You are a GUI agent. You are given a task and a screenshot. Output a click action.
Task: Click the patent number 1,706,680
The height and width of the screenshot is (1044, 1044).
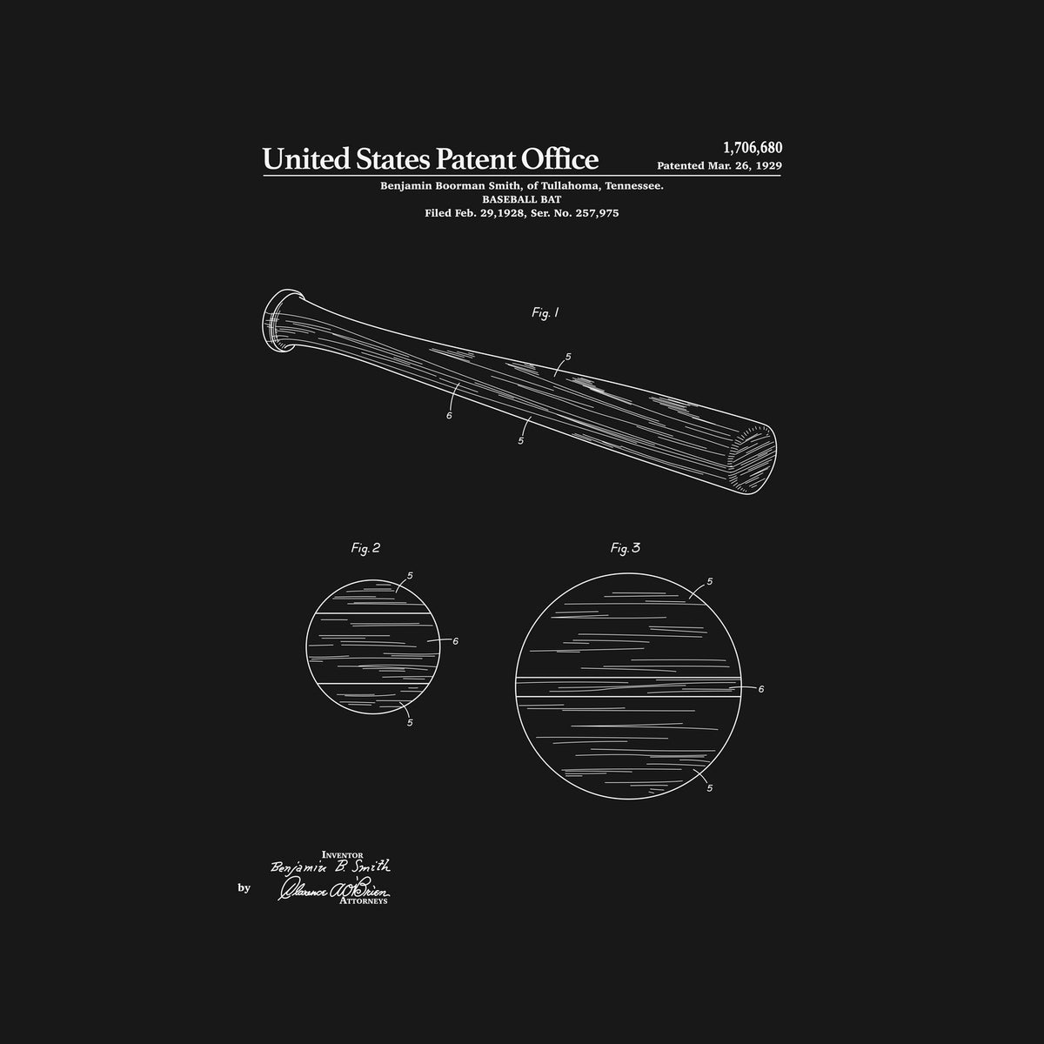point(753,148)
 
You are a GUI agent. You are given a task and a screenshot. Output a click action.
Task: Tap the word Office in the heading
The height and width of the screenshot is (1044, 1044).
point(559,159)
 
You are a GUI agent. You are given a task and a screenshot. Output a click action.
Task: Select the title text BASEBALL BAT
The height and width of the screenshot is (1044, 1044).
point(522,199)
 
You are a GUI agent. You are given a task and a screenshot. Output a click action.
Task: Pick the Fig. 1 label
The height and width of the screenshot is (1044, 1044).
point(545,313)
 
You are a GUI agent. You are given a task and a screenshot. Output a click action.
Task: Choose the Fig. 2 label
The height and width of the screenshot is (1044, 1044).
point(365,548)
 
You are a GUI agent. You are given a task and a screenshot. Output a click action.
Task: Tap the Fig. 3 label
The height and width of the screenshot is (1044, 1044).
point(625,548)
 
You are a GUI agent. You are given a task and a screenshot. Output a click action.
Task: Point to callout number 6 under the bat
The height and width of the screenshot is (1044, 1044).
point(449,415)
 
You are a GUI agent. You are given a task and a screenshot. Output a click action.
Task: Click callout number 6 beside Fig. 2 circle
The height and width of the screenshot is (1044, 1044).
point(455,641)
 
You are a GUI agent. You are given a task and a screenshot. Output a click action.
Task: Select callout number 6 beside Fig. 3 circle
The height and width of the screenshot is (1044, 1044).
point(760,689)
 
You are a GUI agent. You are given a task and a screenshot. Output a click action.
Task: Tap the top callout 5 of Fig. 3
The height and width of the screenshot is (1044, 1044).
point(710,581)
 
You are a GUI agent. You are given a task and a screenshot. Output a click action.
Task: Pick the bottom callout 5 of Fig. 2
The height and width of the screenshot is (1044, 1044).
point(410,722)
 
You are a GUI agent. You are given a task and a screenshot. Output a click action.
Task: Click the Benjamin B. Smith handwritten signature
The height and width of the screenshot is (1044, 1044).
point(331,867)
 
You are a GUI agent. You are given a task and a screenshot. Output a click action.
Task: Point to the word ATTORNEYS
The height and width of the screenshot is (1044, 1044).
point(364,902)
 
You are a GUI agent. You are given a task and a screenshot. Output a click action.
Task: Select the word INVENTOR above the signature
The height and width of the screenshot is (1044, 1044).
point(342,856)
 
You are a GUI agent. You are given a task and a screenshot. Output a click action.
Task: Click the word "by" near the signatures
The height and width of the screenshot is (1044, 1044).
point(243,888)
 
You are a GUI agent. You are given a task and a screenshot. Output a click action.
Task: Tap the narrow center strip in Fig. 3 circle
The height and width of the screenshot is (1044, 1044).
point(626,687)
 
